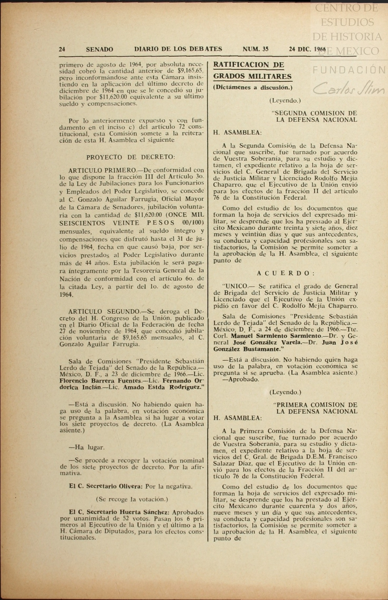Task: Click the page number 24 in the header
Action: point(62,49)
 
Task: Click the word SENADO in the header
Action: point(99,49)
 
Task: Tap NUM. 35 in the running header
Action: point(255,49)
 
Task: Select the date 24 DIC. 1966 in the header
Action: point(307,49)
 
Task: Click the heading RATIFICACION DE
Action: point(248,65)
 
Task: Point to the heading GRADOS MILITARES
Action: point(252,77)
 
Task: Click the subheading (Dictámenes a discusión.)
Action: point(253,87)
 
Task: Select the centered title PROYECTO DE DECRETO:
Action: point(131,157)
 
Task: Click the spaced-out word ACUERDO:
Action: point(286,273)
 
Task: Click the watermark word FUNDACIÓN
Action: point(349,70)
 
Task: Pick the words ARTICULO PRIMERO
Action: point(102,170)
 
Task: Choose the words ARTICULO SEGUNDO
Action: point(104,311)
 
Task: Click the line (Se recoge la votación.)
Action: point(132,499)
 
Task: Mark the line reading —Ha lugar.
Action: point(87,447)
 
